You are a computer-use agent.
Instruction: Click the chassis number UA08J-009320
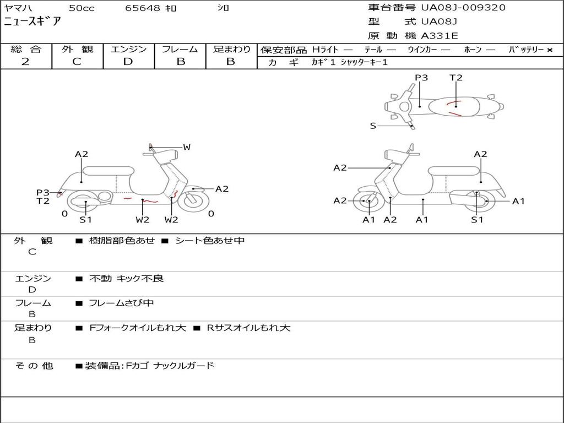(x=463, y=8)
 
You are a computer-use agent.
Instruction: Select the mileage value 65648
(x=143, y=8)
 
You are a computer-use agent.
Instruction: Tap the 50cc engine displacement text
(x=80, y=8)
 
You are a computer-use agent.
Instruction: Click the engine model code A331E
(x=440, y=36)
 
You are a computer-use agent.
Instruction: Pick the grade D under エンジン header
(x=128, y=62)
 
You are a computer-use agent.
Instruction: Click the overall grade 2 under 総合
(x=25, y=62)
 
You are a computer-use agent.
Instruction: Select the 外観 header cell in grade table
(x=77, y=50)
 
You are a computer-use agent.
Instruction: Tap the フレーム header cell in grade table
(x=180, y=50)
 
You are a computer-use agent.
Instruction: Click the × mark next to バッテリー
(x=549, y=50)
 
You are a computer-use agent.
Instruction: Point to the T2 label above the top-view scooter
(x=456, y=78)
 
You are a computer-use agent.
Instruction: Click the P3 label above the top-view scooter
(x=421, y=78)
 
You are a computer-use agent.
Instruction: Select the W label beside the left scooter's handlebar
(x=187, y=147)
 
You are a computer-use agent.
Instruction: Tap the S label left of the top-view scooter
(x=373, y=126)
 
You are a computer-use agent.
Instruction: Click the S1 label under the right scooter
(x=477, y=220)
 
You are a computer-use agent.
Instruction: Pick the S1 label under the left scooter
(x=85, y=220)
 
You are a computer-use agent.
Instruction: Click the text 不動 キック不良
(x=127, y=279)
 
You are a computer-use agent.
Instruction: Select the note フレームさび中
(x=121, y=303)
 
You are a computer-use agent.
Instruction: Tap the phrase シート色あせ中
(x=209, y=241)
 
